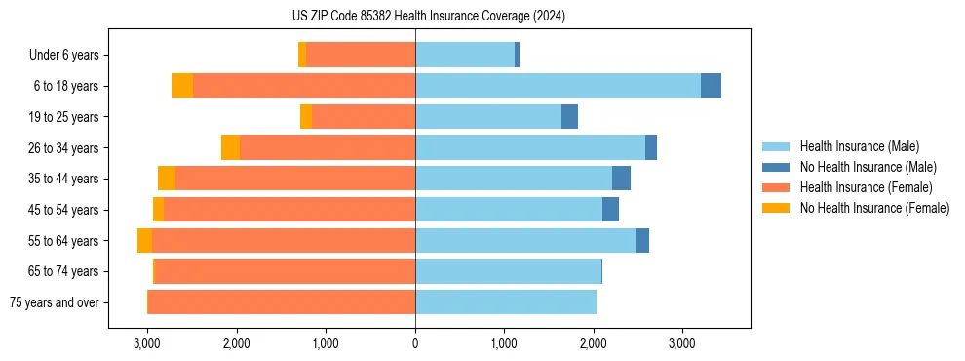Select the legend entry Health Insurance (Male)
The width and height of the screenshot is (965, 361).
tap(859, 146)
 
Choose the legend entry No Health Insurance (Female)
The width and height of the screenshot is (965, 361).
tap(874, 208)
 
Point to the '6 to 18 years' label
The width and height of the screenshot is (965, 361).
tap(65, 86)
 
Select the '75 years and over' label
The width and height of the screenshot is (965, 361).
tap(54, 302)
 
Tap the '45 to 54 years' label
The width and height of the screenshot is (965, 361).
tap(63, 210)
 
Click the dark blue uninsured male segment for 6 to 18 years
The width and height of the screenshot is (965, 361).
tap(711, 86)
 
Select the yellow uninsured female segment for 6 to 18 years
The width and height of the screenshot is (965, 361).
tap(182, 86)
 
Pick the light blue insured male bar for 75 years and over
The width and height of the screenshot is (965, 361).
tap(506, 302)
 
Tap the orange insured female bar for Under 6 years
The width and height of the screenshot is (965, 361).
tap(361, 56)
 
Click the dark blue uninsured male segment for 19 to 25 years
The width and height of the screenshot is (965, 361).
tap(569, 117)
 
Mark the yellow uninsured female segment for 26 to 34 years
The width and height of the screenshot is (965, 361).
tap(230, 147)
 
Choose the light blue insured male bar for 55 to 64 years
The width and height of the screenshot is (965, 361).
tap(525, 241)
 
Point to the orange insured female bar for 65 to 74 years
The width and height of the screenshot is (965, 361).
tap(285, 271)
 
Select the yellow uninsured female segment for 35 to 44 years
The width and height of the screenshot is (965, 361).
tap(167, 179)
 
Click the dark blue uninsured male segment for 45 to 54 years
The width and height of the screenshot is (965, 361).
tap(610, 210)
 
